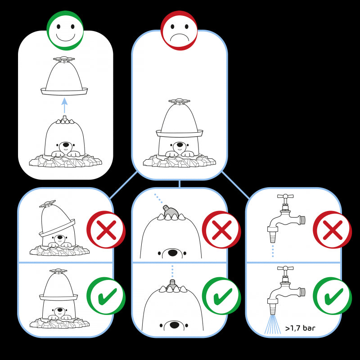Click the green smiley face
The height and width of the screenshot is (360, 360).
[x=65, y=30]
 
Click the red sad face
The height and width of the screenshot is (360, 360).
[x=179, y=30]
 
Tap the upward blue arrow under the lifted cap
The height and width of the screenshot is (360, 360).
[x=64, y=105]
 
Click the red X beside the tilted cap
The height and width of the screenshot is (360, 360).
[x=106, y=229]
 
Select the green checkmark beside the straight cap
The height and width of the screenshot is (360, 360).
[x=106, y=296]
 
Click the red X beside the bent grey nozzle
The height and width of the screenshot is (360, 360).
[x=221, y=229]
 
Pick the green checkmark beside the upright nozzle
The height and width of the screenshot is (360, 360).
[x=221, y=296]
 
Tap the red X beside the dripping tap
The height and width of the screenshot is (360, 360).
[x=332, y=229]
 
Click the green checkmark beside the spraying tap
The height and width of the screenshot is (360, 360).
[x=332, y=296]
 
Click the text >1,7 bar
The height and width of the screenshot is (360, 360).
[x=300, y=328]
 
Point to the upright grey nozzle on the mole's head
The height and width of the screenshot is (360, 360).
[x=172, y=284]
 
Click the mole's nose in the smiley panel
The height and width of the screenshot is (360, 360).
[x=66, y=146]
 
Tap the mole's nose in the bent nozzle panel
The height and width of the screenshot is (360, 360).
[x=173, y=253]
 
